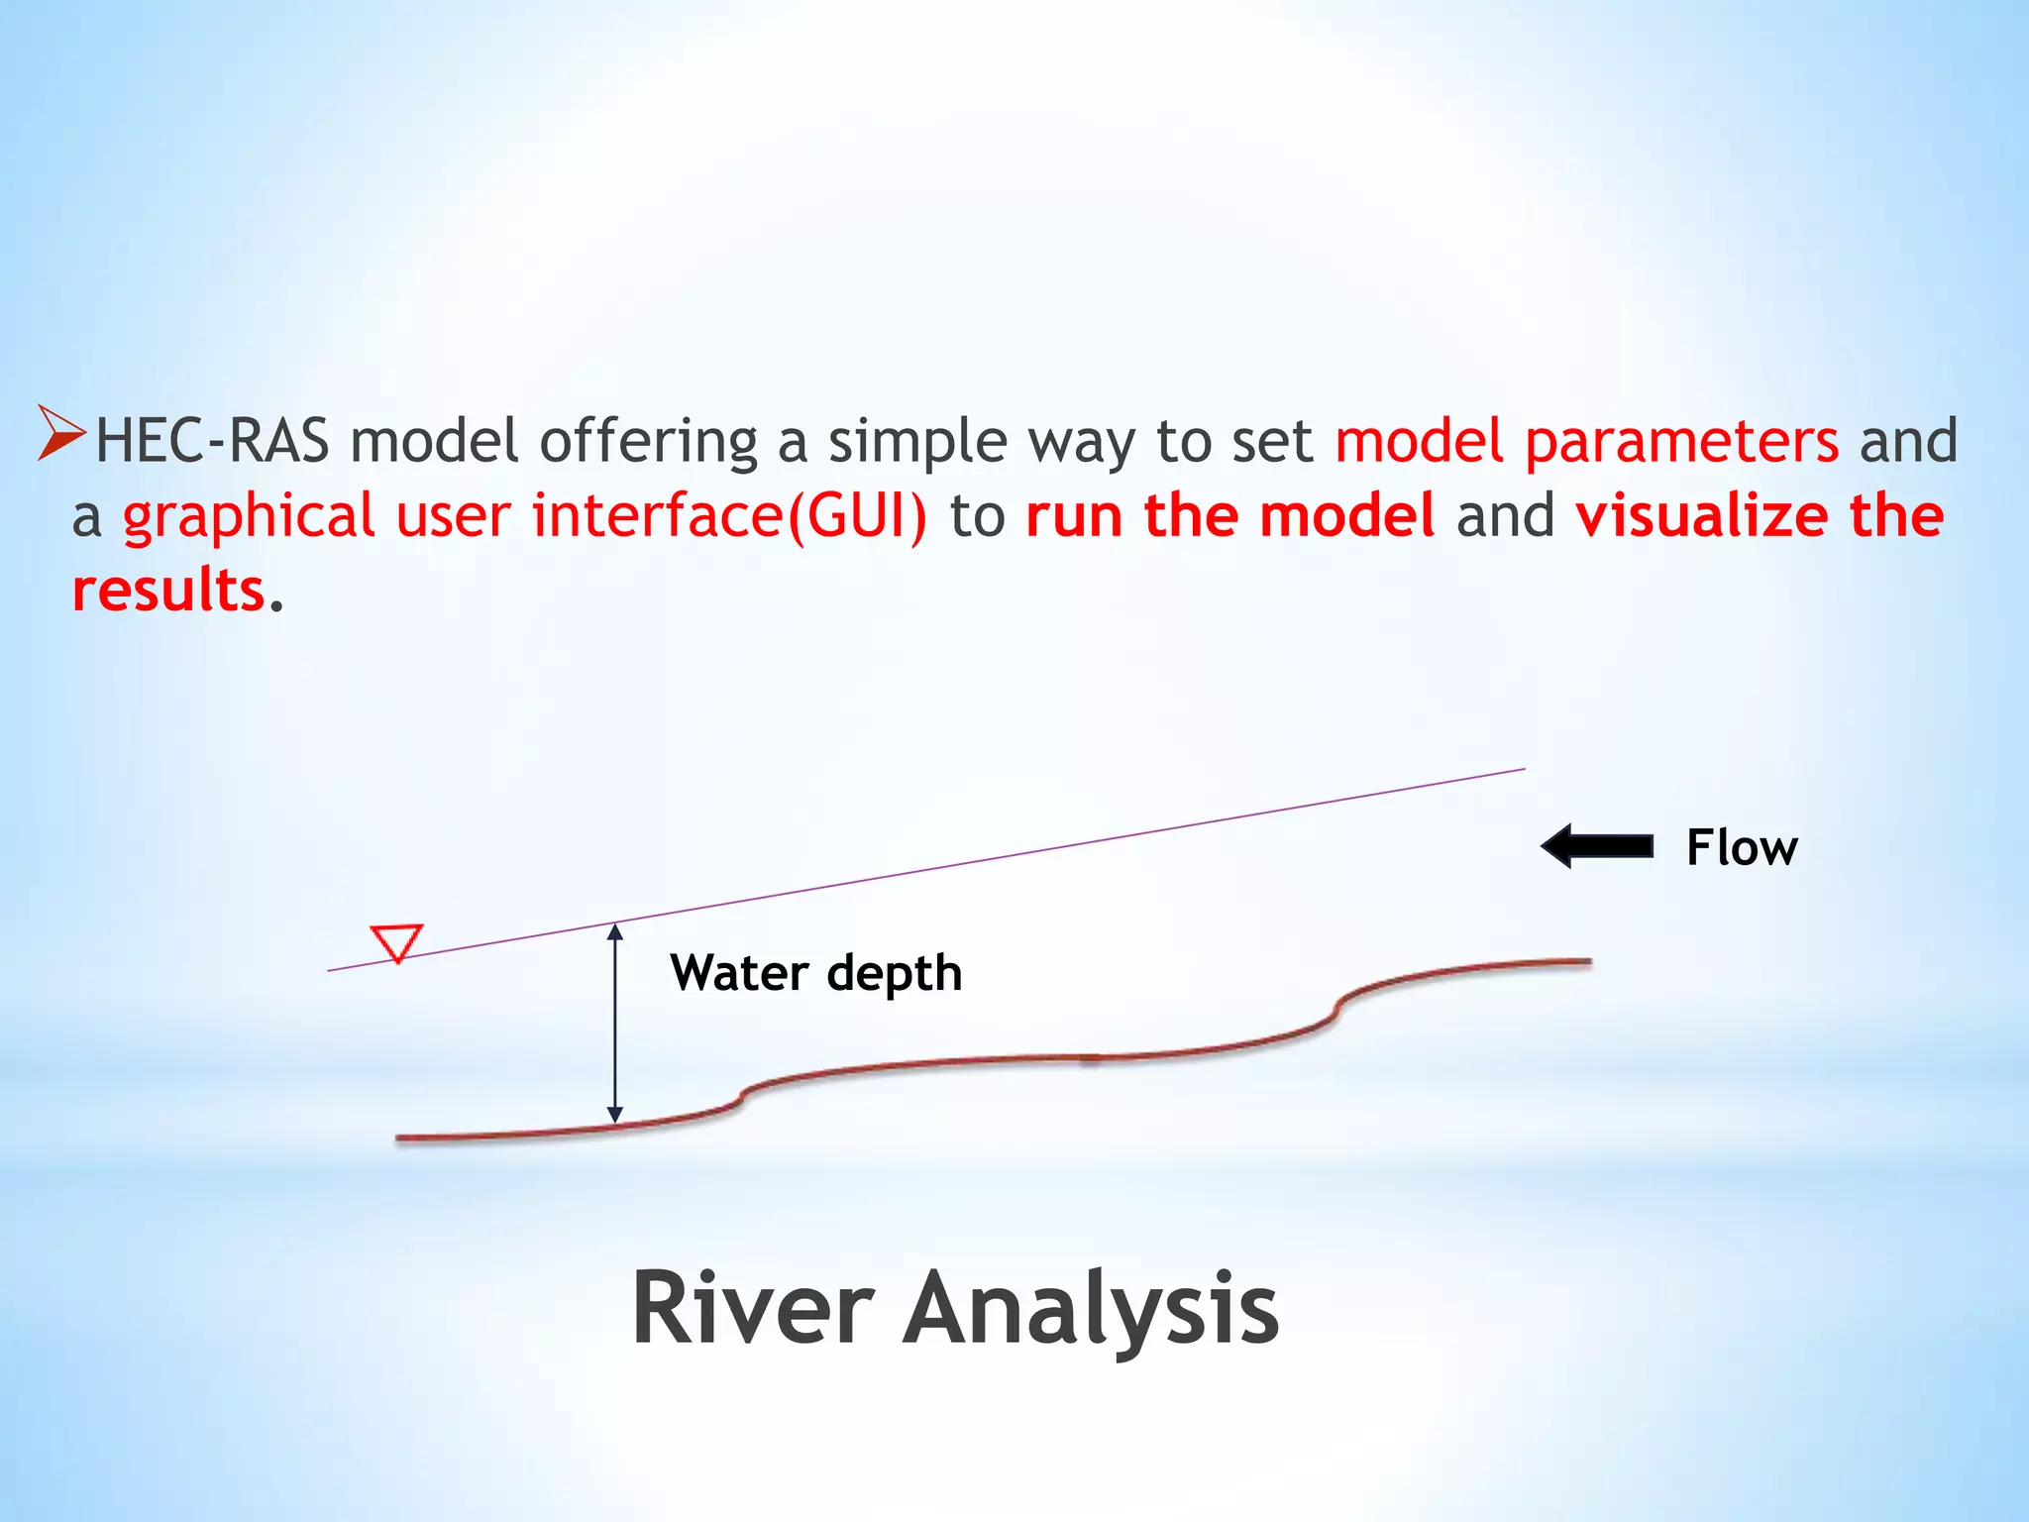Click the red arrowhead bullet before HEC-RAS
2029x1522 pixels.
pyautogui.click(x=60, y=433)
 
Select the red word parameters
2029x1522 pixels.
pyautogui.click(x=1681, y=441)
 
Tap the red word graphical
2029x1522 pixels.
pyautogui.click(x=248, y=517)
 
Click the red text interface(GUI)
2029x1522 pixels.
pyautogui.click(x=729, y=517)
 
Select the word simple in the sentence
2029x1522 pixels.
pyautogui.click(x=917, y=441)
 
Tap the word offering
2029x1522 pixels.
pyautogui.click(x=648, y=441)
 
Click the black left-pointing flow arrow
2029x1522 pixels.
pyautogui.click(x=1597, y=846)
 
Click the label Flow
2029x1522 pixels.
pyautogui.click(x=1742, y=848)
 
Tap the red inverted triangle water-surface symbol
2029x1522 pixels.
pyautogui.click(x=396, y=941)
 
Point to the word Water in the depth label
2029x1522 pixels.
pyautogui.click(x=738, y=972)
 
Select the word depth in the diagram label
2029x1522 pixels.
pyautogui.click(x=894, y=974)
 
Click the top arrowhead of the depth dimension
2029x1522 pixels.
pyautogui.click(x=615, y=931)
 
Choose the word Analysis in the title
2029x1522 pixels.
pyautogui.click(x=1090, y=1310)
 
